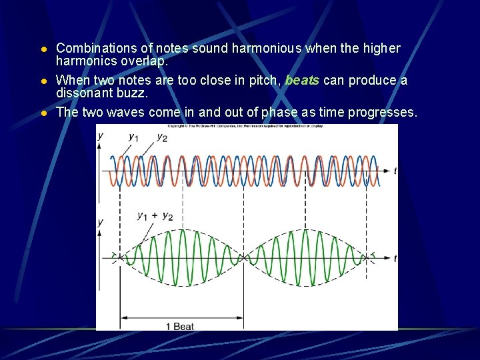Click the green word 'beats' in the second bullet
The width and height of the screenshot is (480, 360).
pyautogui.click(x=302, y=81)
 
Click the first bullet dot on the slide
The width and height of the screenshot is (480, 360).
pyautogui.click(x=43, y=49)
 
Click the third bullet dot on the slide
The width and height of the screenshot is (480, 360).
pyautogui.click(x=43, y=113)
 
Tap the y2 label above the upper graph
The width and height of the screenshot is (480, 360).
pyautogui.click(x=161, y=137)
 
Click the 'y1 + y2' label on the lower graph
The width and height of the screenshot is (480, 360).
pyautogui.click(x=155, y=216)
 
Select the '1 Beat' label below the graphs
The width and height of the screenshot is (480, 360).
pyautogui.click(x=179, y=326)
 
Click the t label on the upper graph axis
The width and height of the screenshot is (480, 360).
pyautogui.click(x=395, y=171)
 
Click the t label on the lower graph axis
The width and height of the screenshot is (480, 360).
pyautogui.click(x=395, y=258)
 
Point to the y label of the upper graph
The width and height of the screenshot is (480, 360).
pyautogui.click(x=101, y=135)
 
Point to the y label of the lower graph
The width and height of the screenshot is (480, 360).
pyautogui.click(x=101, y=221)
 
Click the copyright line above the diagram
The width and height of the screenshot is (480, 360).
pyautogui.click(x=247, y=126)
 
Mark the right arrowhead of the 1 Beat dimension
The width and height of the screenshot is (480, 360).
pyautogui.click(x=241, y=318)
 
